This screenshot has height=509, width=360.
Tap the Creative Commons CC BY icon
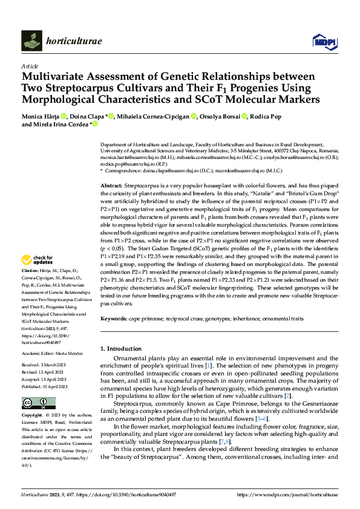[x=35, y=403]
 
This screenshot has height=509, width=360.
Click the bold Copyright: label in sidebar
[x=34, y=416]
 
